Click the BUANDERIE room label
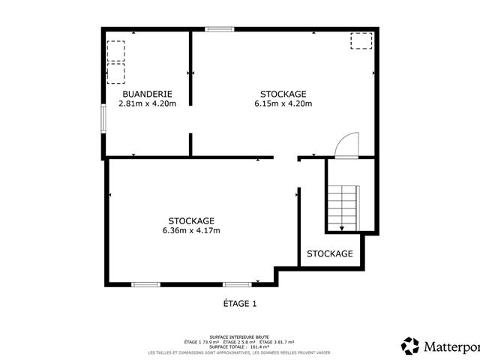point(147,94)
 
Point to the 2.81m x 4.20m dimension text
point(147,103)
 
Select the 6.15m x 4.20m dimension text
point(283,103)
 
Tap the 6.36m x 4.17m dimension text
point(191,230)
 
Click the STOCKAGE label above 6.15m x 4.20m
point(283,94)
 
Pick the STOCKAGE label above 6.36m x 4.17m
point(191,220)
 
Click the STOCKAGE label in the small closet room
point(330,253)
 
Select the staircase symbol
point(343,206)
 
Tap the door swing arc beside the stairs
point(348,145)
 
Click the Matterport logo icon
point(410,346)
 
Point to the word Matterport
point(451,346)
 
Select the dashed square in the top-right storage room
point(360,40)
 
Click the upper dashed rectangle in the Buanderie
point(116,50)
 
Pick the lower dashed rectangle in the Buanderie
point(116,73)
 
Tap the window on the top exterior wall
point(220,29)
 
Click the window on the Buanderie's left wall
point(103,118)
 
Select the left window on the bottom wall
point(145,284)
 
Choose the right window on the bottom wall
point(237,284)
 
